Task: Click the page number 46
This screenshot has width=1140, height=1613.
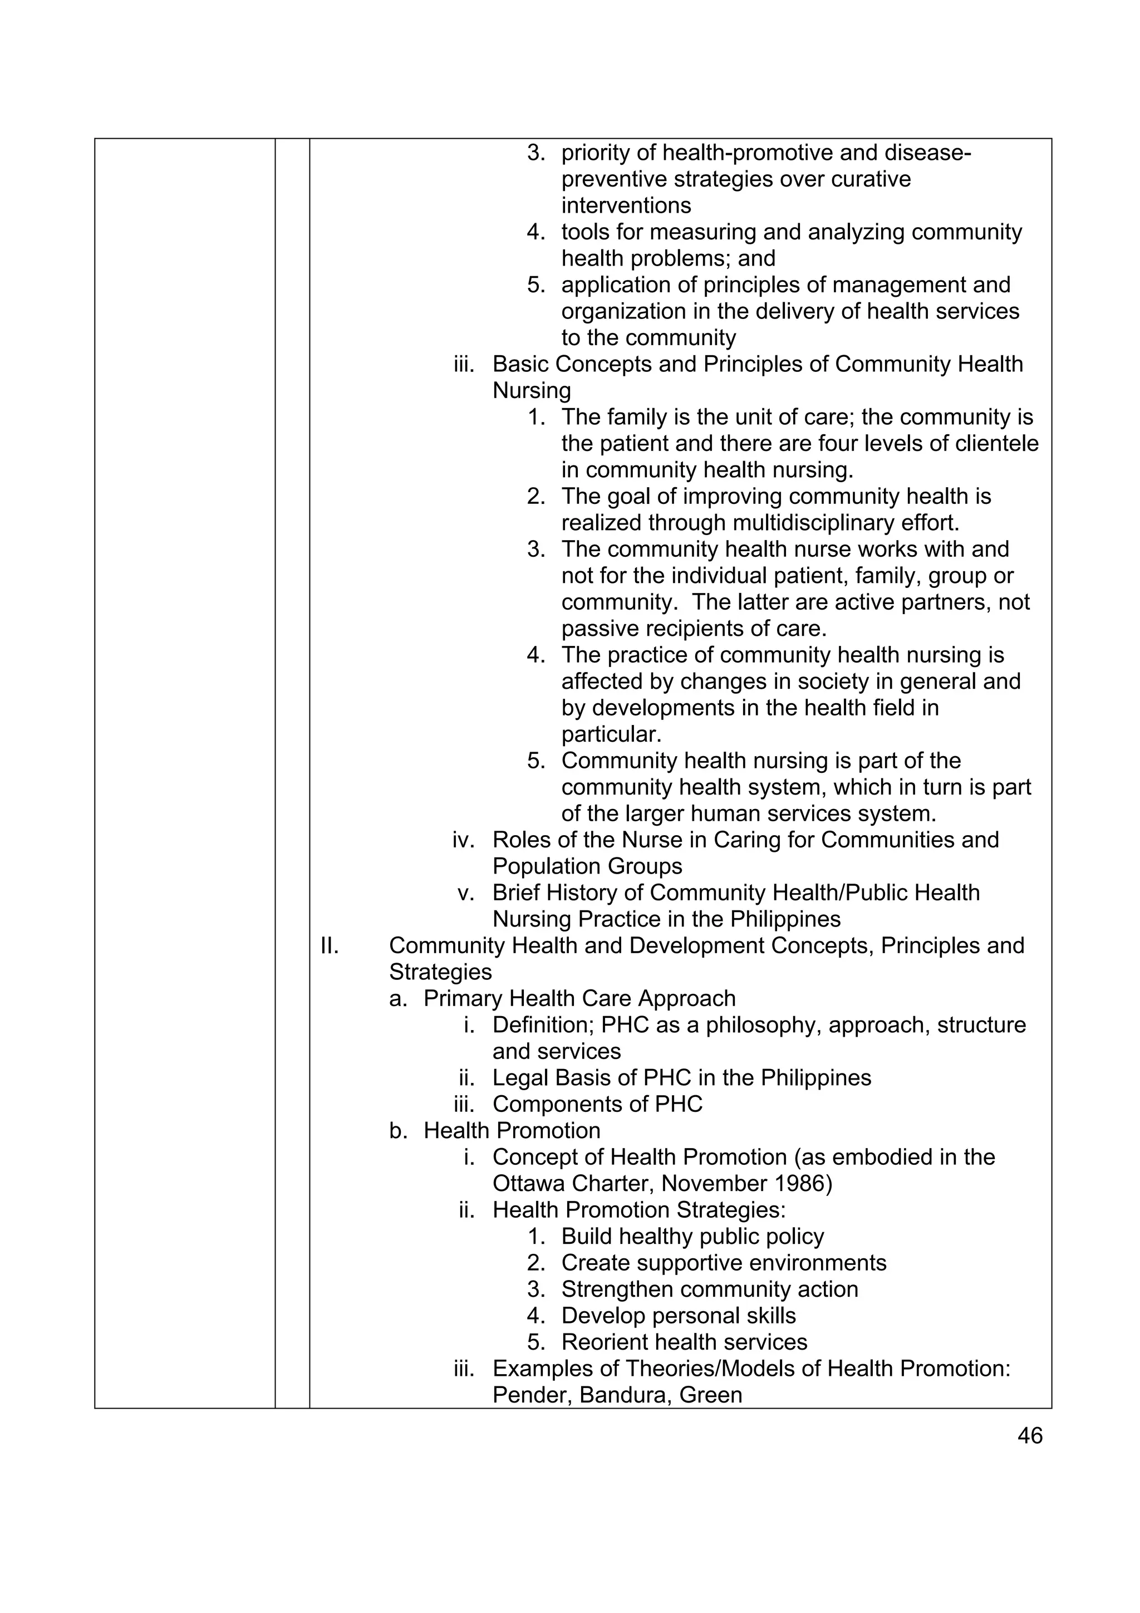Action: coord(1029,1435)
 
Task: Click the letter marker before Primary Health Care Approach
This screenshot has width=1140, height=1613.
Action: coord(397,998)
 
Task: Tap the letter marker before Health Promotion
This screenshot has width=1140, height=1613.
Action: coord(397,1130)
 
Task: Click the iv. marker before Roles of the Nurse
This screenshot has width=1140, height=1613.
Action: coord(463,840)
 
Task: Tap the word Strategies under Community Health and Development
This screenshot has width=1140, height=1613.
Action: coord(440,972)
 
